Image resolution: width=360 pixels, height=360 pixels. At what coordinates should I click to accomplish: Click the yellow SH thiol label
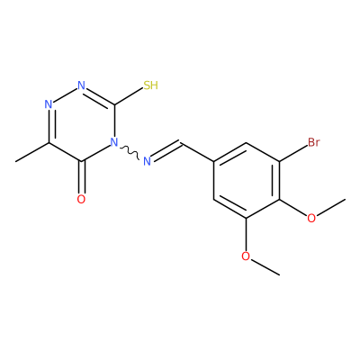[x=150, y=85]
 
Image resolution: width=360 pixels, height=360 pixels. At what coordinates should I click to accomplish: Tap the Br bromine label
[x=314, y=142]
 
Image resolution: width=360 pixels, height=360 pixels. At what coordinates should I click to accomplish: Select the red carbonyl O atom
[x=81, y=199]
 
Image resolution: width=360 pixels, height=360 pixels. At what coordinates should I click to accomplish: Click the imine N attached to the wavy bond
[x=147, y=161]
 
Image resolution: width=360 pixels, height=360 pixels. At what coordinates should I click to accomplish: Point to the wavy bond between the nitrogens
[x=129, y=152]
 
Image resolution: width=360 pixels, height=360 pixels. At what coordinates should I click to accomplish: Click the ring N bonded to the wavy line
[x=113, y=142]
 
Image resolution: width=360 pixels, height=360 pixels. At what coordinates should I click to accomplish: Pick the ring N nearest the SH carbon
[x=81, y=85]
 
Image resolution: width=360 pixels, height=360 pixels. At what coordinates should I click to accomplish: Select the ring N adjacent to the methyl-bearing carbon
[x=49, y=104]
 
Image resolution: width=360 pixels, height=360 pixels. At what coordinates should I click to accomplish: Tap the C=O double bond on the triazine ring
[x=81, y=177]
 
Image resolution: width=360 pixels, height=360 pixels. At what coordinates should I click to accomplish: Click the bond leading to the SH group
[x=129, y=96]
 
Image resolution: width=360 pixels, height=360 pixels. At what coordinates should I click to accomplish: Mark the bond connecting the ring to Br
[x=292, y=154]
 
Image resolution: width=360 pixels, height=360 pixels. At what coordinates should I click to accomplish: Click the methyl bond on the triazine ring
[x=32, y=152]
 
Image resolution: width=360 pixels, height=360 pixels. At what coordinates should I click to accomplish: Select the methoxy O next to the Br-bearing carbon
[x=311, y=218]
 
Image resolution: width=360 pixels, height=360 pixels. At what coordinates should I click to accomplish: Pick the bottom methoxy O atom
[x=246, y=256]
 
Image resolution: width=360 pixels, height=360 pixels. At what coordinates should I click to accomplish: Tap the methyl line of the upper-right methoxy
[x=330, y=207]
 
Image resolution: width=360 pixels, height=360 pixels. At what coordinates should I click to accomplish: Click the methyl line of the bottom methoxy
[x=265, y=266]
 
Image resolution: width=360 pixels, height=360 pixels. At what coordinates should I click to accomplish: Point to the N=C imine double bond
[x=166, y=150]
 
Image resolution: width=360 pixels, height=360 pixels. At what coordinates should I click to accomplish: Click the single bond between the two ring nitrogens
[x=65, y=95]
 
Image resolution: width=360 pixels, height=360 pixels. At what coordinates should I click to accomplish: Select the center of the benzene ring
[x=246, y=180]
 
